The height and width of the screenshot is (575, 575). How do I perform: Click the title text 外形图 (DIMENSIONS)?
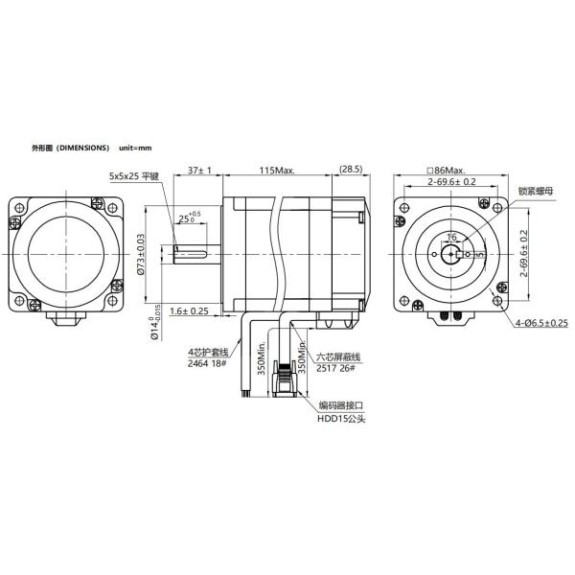tap(70, 149)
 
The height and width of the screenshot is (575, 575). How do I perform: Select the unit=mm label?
tap(136, 149)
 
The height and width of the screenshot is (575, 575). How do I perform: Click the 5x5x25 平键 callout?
tap(136, 176)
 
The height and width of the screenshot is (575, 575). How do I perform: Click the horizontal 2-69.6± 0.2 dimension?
tap(451, 181)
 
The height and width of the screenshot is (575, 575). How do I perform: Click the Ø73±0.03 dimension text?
tap(141, 255)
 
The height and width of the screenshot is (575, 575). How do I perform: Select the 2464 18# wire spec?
tap(207, 365)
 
